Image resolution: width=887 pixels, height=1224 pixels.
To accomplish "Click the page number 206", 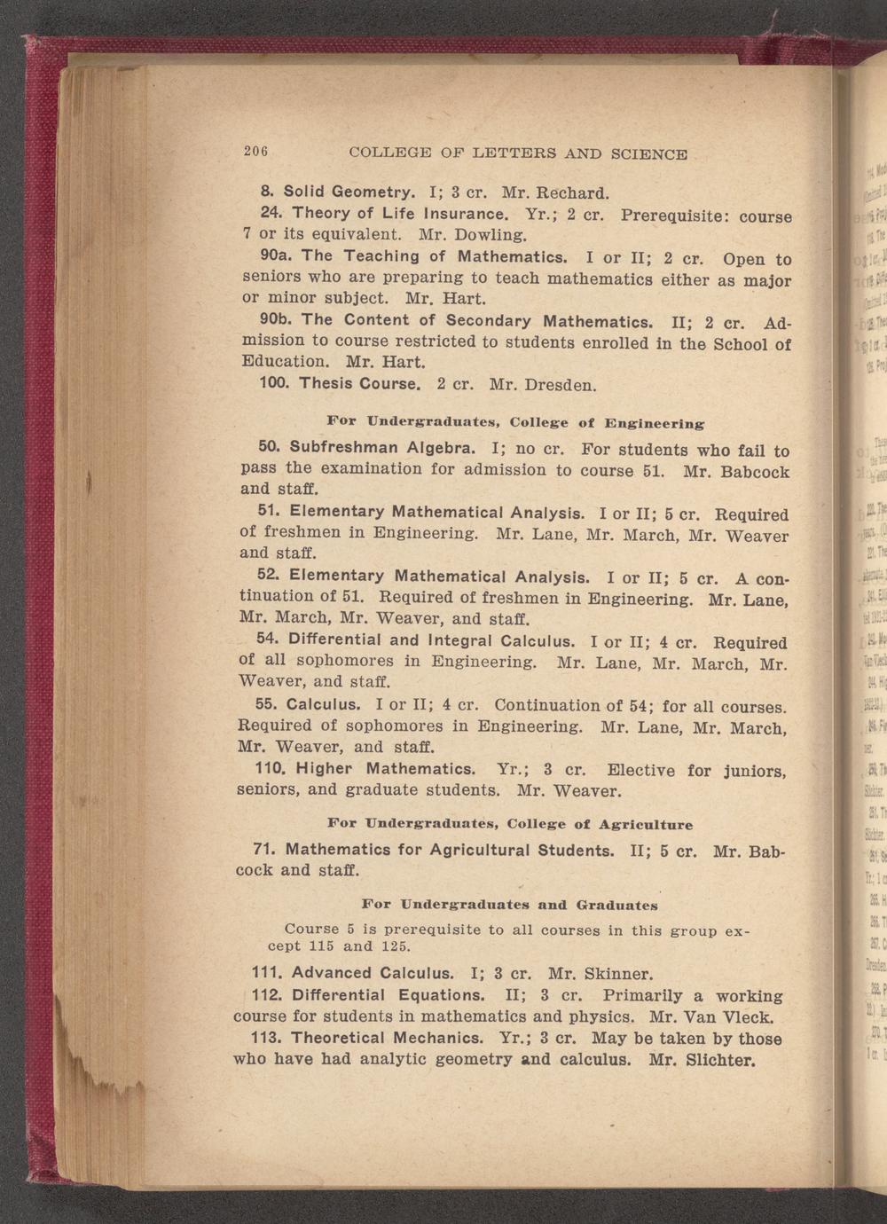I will point(255,151).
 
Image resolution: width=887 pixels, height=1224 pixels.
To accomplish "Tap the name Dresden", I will point(560,386).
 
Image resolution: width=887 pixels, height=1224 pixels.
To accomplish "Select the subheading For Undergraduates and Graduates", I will point(510,905).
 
